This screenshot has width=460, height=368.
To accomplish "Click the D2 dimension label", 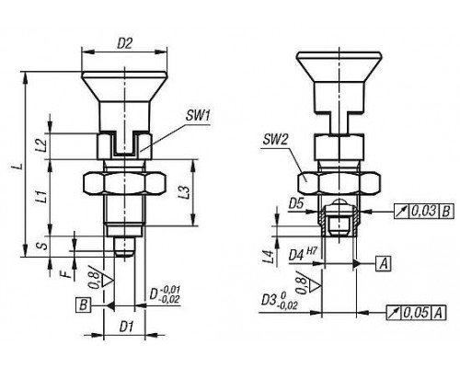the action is (x=125, y=44).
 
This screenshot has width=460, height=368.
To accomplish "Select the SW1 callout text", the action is (x=198, y=117).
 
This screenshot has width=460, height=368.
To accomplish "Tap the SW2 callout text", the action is (x=276, y=140).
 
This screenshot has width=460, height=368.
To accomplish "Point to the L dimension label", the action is (x=19, y=166).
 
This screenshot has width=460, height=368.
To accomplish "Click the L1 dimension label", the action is (x=43, y=197).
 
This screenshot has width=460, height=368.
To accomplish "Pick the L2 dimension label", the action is (x=43, y=145).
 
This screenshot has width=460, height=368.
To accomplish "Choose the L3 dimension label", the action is (x=188, y=193).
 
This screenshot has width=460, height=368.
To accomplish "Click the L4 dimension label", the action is (x=269, y=257).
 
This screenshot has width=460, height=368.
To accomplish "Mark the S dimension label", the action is (x=45, y=246).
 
